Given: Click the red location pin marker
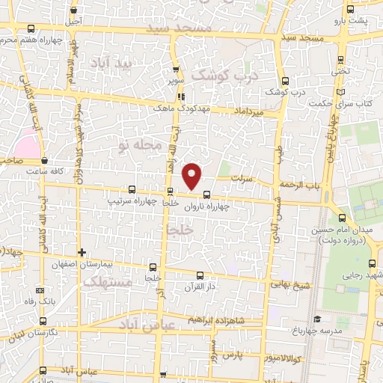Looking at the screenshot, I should click(193, 176).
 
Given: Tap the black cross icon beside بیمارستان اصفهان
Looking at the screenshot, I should click(82, 252).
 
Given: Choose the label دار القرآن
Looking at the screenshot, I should click(200, 286).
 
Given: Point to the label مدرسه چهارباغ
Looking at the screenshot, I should click(322, 330).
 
